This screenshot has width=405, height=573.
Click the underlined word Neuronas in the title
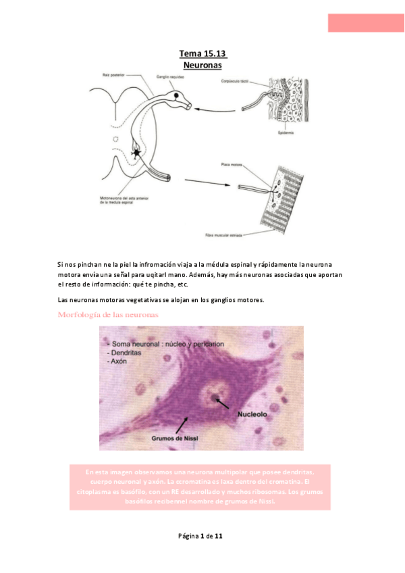[x=202, y=65]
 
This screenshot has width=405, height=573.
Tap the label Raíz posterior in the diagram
[x=111, y=75]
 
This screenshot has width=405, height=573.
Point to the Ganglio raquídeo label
[x=169, y=78]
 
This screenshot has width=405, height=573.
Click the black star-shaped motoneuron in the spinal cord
[x=138, y=153]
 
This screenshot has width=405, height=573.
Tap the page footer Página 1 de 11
[x=200, y=536]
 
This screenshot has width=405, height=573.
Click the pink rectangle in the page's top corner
[x=365, y=22]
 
